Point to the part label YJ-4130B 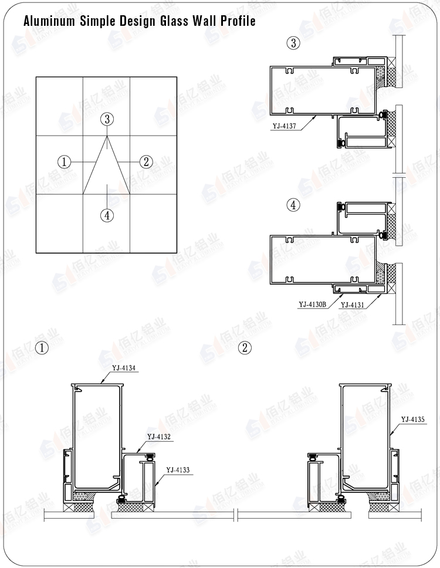coord(313,304)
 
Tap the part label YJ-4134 coord(124,368)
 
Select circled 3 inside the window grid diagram coord(106,120)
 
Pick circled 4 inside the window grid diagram coord(106,215)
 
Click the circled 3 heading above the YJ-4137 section coord(293,43)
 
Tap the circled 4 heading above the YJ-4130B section coord(293,205)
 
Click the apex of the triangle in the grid coord(107,136)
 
